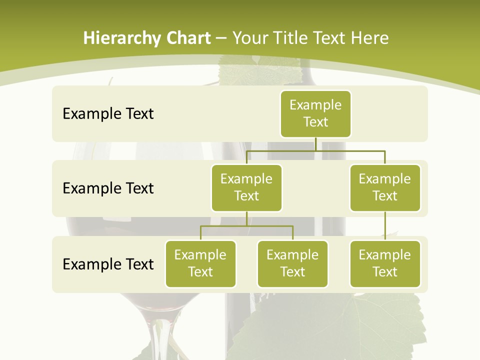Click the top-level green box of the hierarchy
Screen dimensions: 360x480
(315, 113)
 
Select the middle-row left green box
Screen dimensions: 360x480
(246, 187)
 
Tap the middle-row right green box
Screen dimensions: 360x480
(385, 187)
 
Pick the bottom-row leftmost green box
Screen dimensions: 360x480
(200, 263)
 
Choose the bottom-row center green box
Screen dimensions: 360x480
(292, 263)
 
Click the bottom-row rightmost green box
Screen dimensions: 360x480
(385, 263)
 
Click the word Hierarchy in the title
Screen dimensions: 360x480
(122, 38)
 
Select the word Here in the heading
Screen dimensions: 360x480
(369, 38)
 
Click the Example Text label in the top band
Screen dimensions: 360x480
(108, 113)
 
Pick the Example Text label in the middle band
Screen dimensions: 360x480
(108, 188)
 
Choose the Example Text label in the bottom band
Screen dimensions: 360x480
(108, 264)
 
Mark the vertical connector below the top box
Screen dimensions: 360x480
(315, 144)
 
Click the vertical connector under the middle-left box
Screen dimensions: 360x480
(246, 219)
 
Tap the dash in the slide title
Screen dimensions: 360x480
(221, 38)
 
